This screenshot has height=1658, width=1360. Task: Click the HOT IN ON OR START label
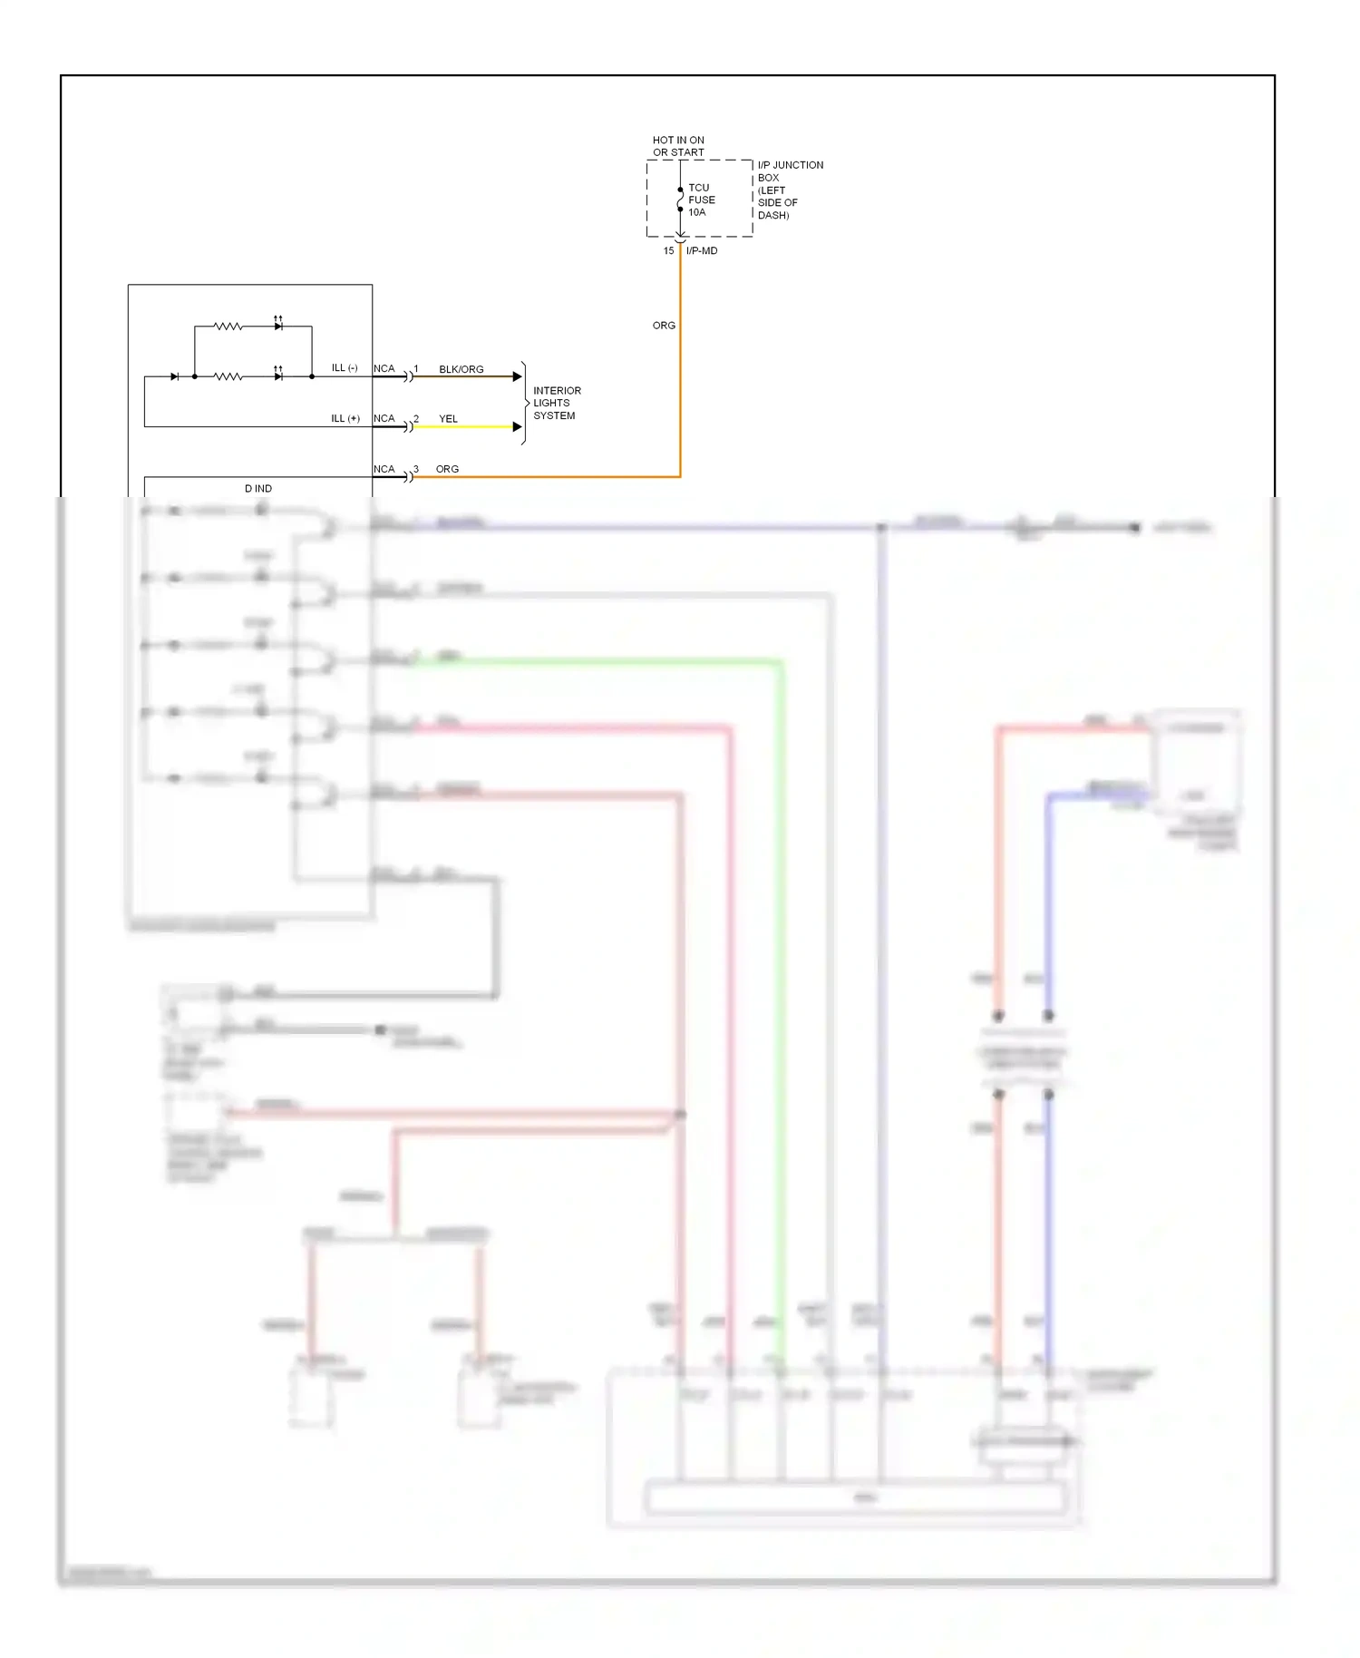[x=678, y=146]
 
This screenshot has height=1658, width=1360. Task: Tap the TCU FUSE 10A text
[x=701, y=200]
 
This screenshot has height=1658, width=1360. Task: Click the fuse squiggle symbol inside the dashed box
[x=680, y=200]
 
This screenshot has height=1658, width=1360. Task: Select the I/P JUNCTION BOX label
[x=789, y=190]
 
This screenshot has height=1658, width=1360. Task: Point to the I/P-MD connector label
[x=702, y=251]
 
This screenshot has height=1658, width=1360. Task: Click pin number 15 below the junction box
[x=668, y=251]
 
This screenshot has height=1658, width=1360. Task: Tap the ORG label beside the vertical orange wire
[x=664, y=326]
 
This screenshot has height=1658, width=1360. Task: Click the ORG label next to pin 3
[x=447, y=469]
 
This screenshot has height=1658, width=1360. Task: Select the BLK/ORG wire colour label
[x=461, y=369]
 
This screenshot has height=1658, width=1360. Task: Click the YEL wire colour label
[x=448, y=419]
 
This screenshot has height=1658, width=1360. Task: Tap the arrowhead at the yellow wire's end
[x=518, y=426]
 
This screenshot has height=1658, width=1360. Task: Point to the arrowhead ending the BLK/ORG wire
[x=518, y=376]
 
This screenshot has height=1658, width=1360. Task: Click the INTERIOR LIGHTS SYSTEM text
[x=556, y=403]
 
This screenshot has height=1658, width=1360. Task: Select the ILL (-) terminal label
[x=345, y=368]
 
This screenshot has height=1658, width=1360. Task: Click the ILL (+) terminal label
[x=345, y=418]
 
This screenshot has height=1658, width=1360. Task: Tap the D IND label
[x=257, y=488]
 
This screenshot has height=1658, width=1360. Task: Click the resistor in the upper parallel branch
[x=228, y=326]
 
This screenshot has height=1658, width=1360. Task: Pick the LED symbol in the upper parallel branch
[x=278, y=325]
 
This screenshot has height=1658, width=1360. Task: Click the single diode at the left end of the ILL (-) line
[x=174, y=376]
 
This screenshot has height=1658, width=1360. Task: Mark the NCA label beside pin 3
[x=384, y=469]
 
